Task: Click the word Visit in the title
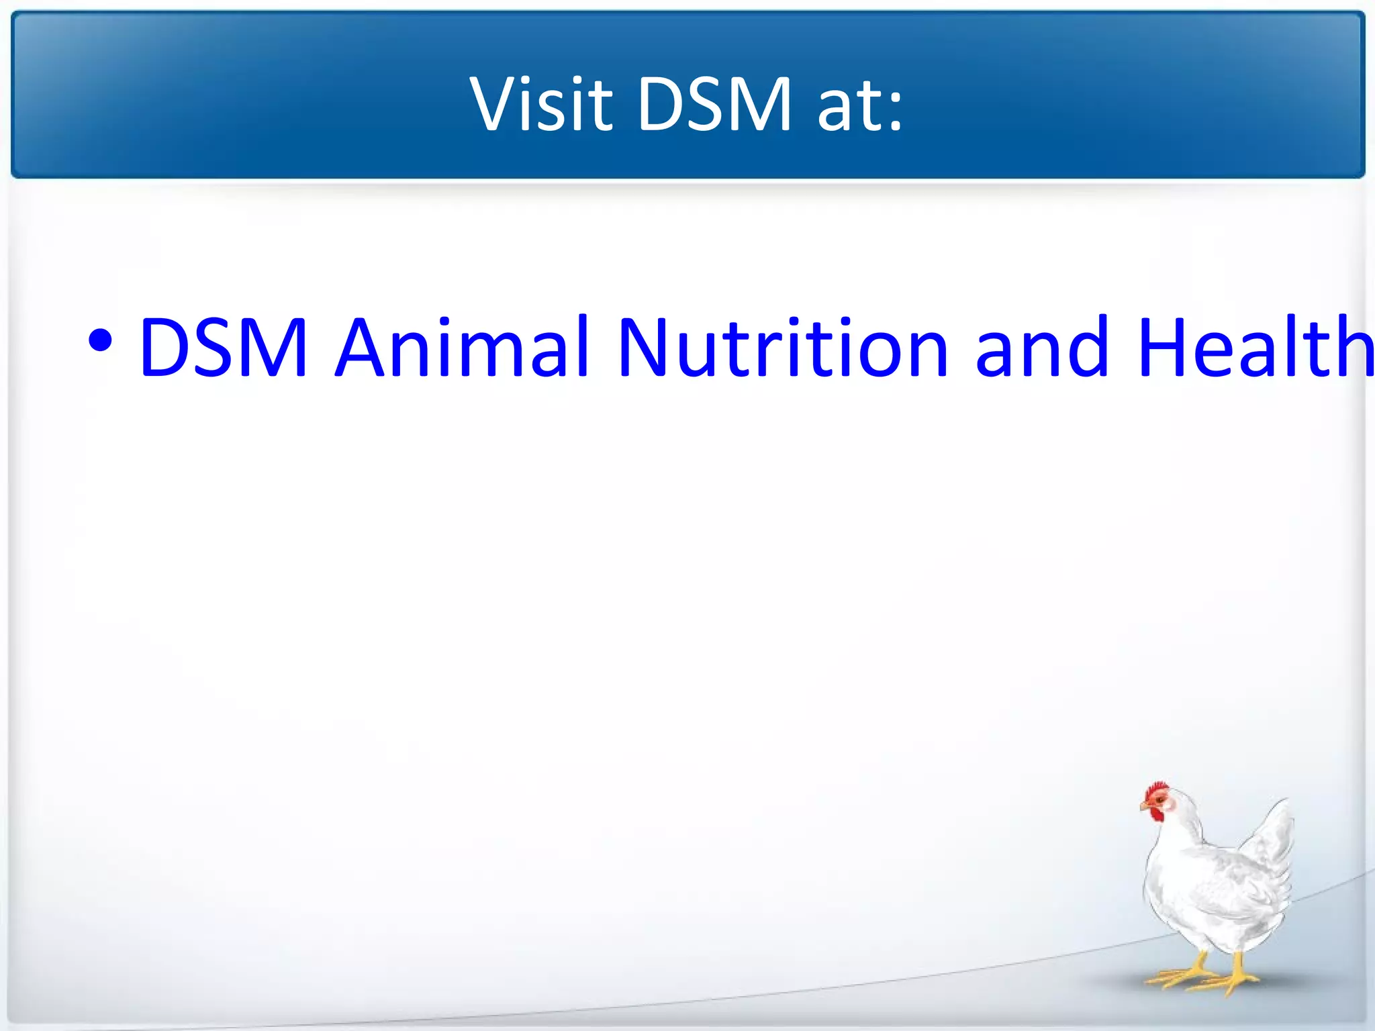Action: tap(541, 104)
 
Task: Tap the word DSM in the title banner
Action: tap(714, 104)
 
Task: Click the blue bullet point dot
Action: tap(100, 341)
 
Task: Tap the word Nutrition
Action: tap(783, 348)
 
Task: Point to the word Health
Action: tap(1255, 348)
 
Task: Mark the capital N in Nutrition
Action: tap(645, 348)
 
